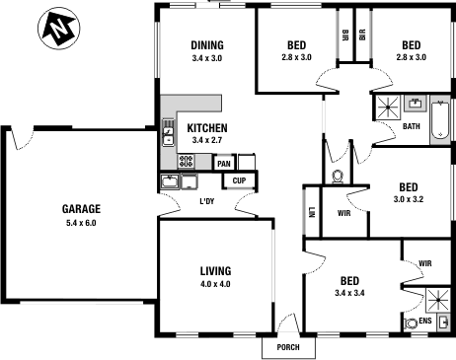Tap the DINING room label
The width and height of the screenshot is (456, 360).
pyautogui.click(x=207, y=45)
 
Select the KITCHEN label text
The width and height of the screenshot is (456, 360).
pyautogui.click(x=208, y=128)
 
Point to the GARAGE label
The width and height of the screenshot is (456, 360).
pyautogui.click(x=81, y=209)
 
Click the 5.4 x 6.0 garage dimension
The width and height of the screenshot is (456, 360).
pyautogui.click(x=81, y=223)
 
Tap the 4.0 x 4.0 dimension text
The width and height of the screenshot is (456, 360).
pyautogui.click(x=215, y=285)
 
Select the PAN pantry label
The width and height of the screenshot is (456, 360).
pyautogui.click(x=224, y=164)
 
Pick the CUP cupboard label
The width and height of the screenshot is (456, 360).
pyautogui.click(x=239, y=180)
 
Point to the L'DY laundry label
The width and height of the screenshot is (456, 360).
pyautogui.click(x=207, y=202)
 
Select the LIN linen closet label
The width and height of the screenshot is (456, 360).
pyautogui.click(x=311, y=211)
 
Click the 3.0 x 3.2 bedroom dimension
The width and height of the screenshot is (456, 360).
pyautogui.click(x=408, y=200)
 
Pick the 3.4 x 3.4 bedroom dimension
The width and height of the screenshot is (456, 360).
pyautogui.click(x=351, y=293)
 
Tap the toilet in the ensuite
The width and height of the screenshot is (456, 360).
pyautogui.click(x=411, y=322)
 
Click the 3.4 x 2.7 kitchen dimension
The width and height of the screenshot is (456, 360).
pyautogui.click(x=208, y=141)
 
